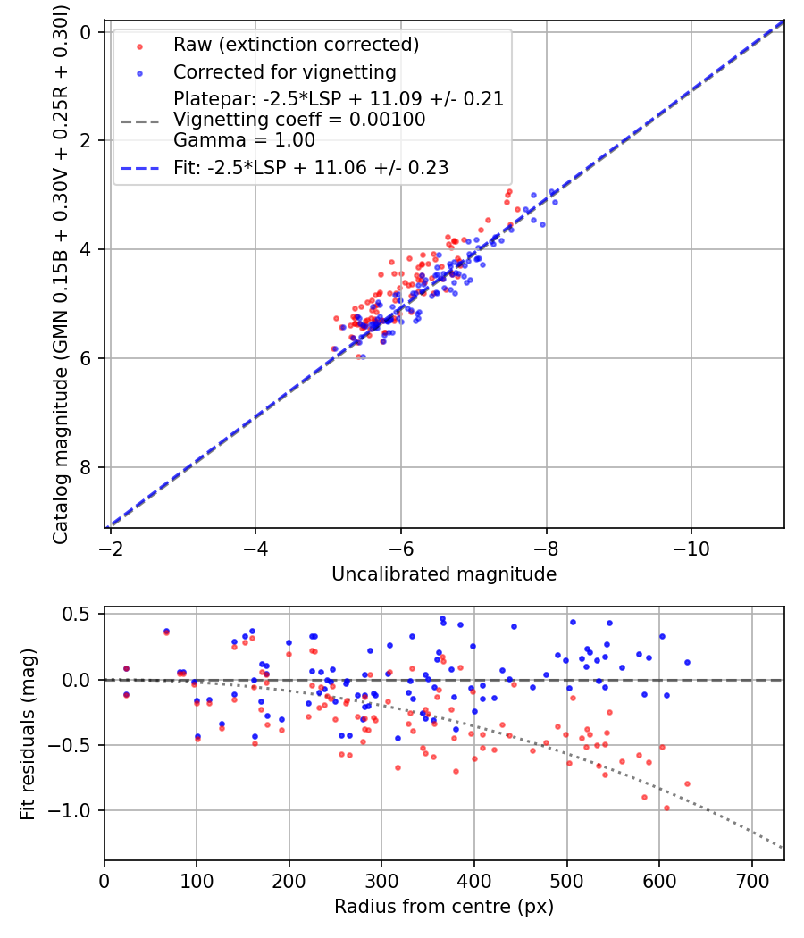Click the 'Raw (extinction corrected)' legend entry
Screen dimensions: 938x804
pyautogui.click(x=296, y=45)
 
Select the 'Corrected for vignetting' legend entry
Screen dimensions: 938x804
pyautogui.click(x=285, y=71)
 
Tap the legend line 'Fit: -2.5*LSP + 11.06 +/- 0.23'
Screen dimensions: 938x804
pyautogui.click(x=311, y=167)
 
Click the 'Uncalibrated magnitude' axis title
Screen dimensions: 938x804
pyautogui.click(x=444, y=574)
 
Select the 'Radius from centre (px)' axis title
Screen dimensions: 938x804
pyautogui.click(x=444, y=907)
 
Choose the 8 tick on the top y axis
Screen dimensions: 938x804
pyautogui.click(x=87, y=467)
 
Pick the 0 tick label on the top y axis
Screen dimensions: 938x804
pyautogui.click(x=87, y=32)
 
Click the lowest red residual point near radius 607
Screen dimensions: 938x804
pyautogui.click(x=666, y=808)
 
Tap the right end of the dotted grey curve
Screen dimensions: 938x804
pyautogui.click(x=783, y=848)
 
